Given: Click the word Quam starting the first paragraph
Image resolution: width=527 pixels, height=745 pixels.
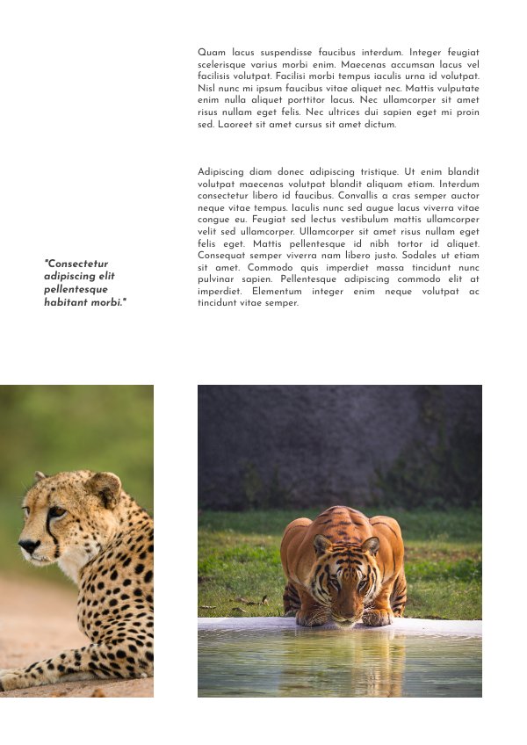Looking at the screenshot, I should (x=212, y=53).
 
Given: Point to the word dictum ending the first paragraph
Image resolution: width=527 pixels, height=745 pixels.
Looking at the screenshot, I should (x=379, y=124).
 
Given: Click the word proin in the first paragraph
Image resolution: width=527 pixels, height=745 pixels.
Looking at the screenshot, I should (x=468, y=112).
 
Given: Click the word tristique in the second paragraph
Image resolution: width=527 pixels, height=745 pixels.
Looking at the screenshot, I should (x=376, y=171).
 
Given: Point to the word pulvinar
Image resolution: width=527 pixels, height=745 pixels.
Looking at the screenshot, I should (x=217, y=278).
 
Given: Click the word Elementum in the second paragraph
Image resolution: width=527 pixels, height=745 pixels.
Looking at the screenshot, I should (x=280, y=291).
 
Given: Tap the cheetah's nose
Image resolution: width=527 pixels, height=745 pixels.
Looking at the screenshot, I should (x=27, y=546).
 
